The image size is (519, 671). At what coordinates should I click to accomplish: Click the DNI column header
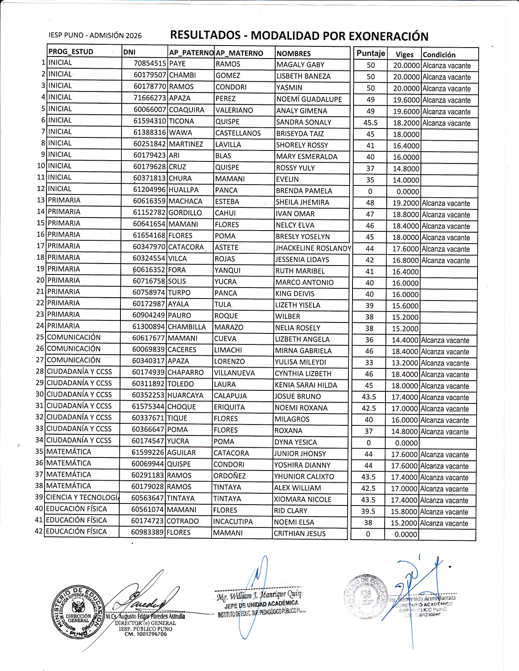129,52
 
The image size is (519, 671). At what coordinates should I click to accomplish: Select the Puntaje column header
370,53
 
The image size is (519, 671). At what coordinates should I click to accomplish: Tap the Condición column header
439,54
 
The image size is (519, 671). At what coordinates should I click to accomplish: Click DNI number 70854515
150,63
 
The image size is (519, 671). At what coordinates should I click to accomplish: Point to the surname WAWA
180,133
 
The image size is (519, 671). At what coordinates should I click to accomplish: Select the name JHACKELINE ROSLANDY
313,248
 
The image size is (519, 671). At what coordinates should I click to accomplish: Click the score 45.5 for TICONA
370,123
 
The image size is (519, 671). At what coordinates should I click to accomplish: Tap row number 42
39,531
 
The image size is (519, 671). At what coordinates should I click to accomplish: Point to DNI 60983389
147,532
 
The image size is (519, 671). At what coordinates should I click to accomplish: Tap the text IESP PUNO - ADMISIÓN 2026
95,35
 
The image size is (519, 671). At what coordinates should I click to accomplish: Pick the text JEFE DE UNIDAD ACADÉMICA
261,604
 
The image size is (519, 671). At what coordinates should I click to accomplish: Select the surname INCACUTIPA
233,521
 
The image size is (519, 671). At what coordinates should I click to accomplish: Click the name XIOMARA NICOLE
302,499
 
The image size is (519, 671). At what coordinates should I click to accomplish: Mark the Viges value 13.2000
405,363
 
